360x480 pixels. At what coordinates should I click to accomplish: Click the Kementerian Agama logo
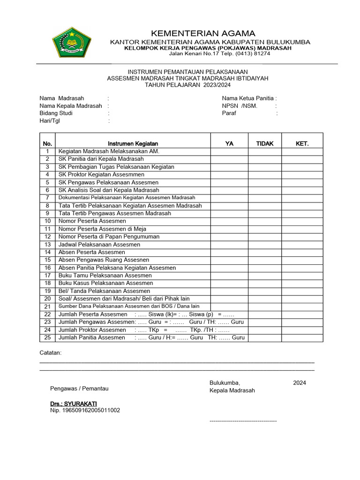(71, 42)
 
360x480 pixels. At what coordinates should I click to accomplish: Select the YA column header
(229, 143)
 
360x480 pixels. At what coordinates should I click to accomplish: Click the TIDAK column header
(265, 143)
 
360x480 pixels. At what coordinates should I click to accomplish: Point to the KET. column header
(302, 143)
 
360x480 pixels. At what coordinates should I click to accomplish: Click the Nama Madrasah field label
(62, 98)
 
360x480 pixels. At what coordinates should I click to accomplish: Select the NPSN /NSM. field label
(240, 106)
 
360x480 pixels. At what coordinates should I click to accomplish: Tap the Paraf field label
(229, 113)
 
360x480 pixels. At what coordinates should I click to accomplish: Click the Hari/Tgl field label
(50, 121)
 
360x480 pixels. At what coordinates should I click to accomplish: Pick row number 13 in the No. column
(47, 245)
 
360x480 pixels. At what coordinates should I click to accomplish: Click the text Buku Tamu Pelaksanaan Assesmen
(105, 276)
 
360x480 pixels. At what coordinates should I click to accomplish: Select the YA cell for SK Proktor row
(229, 175)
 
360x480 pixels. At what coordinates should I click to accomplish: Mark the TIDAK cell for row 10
(265, 221)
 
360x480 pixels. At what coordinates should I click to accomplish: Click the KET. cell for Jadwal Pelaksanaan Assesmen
(302, 245)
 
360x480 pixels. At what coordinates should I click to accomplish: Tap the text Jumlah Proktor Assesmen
(92, 330)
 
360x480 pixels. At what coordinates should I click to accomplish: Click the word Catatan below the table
(50, 352)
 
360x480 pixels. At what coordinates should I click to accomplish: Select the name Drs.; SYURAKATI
(74, 404)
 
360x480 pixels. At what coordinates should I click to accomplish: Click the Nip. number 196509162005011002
(85, 411)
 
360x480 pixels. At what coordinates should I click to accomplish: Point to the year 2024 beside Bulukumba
(300, 383)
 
